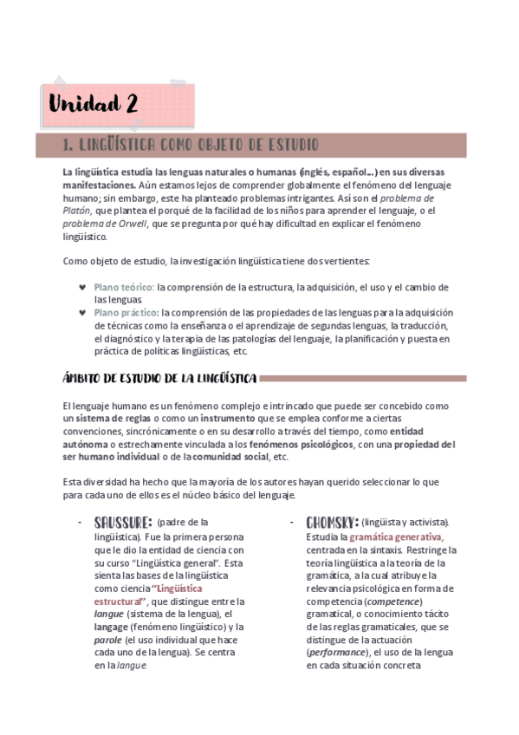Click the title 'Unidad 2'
click(x=94, y=106)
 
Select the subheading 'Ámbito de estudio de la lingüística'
click(x=159, y=377)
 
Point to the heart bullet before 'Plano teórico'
click(x=82, y=287)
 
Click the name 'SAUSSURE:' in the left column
click(x=123, y=522)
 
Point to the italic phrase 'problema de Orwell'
click(x=105, y=223)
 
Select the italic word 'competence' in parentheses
click(x=394, y=601)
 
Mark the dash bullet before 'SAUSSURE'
click(x=81, y=522)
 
